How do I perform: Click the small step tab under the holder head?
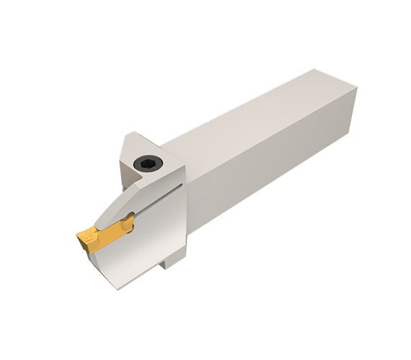click(x=170, y=261)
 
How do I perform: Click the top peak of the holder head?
click(x=130, y=133)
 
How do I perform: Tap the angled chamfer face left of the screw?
click(x=126, y=162)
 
